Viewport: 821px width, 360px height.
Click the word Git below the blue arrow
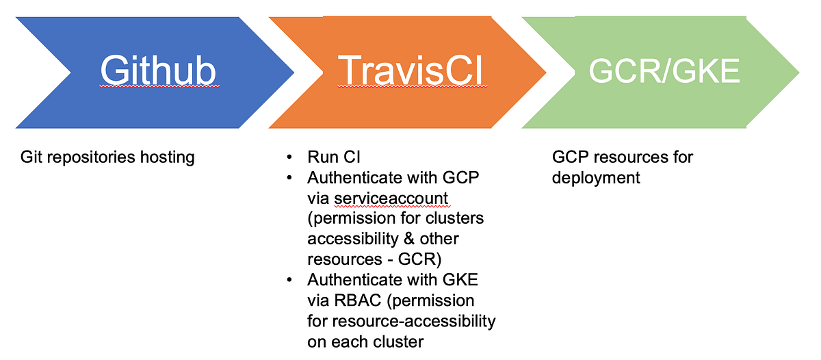pos(32,157)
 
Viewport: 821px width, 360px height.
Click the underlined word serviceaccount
pos(391,198)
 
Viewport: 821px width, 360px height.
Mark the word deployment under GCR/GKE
pos(596,178)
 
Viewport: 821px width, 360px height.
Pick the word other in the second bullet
pos(438,239)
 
